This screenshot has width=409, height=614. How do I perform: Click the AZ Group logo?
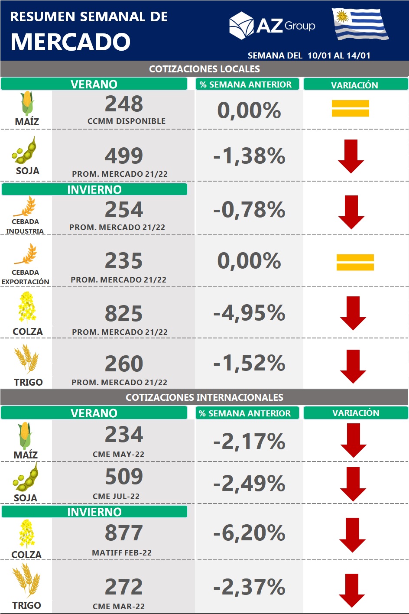coord(272,26)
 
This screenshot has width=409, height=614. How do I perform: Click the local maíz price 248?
coord(124,104)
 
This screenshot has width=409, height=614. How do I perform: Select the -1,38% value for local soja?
coord(249,156)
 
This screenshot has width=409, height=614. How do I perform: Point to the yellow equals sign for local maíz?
coord(350,108)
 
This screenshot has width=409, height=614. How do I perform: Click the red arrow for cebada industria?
coord(351,212)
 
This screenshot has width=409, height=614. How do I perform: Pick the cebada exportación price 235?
coord(124,261)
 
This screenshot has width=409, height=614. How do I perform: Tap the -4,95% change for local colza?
coord(249,313)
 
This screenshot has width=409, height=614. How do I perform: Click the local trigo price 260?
coord(124,364)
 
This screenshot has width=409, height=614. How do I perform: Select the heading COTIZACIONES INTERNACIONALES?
coord(204,397)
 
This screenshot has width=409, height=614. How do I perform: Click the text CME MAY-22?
coord(118,455)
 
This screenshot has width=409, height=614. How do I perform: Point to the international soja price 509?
coord(124,477)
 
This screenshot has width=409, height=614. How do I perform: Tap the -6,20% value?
coord(249,533)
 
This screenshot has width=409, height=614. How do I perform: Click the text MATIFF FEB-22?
coord(122,553)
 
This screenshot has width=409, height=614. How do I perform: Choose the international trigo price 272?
coord(124,587)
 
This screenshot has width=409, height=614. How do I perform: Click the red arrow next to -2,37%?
coord(352,590)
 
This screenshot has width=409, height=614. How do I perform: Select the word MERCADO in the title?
coord(70,42)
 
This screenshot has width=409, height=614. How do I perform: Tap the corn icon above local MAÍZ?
coord(27,103)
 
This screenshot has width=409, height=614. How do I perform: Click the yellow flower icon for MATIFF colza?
coord(26,534)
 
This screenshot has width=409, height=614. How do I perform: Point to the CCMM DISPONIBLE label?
coord(127,121)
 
